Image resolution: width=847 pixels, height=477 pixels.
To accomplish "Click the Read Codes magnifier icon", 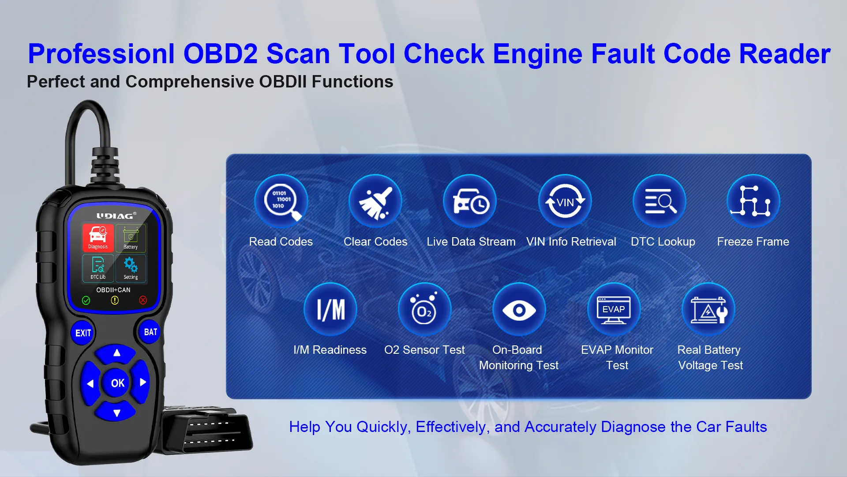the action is click(x=281, y=201).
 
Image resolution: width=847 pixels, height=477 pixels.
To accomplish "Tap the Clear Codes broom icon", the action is click(x=375, y=201).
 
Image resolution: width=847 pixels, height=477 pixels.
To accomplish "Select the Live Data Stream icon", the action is click(x=470, y=201).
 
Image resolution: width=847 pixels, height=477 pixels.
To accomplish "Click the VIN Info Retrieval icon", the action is click(x=565, y=201).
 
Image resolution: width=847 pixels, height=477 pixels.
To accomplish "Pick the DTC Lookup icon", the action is click(x=660, y=201).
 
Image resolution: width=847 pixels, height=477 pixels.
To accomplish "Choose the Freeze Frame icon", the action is click(x=753, y=201).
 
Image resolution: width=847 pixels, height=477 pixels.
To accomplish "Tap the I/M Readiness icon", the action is click(x=330, y=310).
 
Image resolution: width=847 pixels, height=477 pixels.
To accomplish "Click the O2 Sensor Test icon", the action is click(x=424, y=310).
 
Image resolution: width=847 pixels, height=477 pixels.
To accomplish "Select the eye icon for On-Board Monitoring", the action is click(x=519, y=310).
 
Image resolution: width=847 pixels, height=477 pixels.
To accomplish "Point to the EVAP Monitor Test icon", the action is click(x=614, y=310).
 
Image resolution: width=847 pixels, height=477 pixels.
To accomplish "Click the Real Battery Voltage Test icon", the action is click(x=708, y=310).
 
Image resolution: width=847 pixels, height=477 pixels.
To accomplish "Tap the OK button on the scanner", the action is click(x=117, y=383).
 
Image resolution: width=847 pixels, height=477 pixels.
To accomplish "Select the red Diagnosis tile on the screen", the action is click(x=98, y=238).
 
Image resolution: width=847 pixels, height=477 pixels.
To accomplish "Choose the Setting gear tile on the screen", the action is click(x=131, y=268).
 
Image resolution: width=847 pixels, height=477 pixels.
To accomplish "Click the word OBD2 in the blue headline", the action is click(x=220, y=54).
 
